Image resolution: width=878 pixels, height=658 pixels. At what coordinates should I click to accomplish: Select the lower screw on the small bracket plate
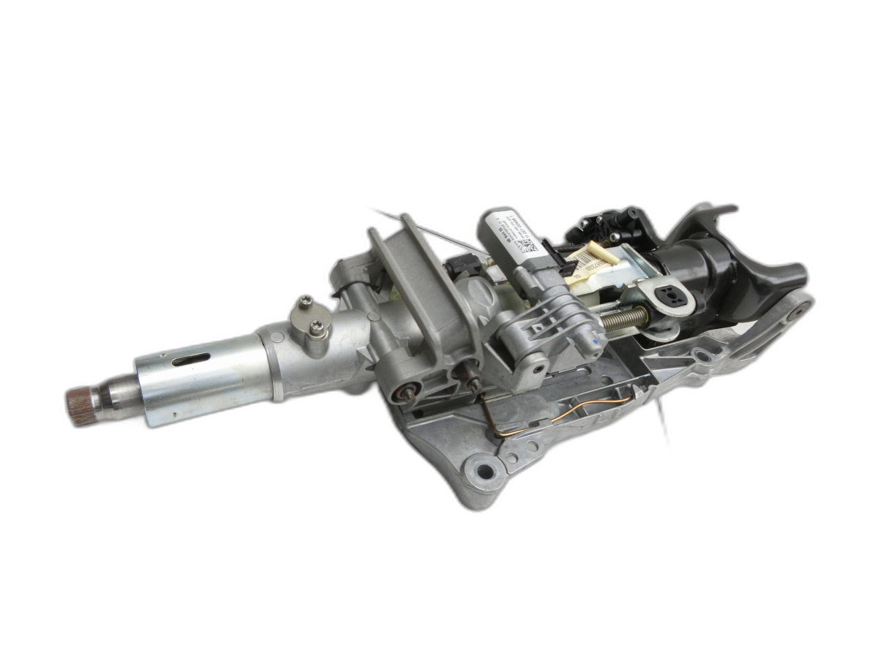pyautogui.click(x=317, y=330)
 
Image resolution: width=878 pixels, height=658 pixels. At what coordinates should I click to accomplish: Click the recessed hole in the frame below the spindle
pyautogui.click(x=702, y=356)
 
